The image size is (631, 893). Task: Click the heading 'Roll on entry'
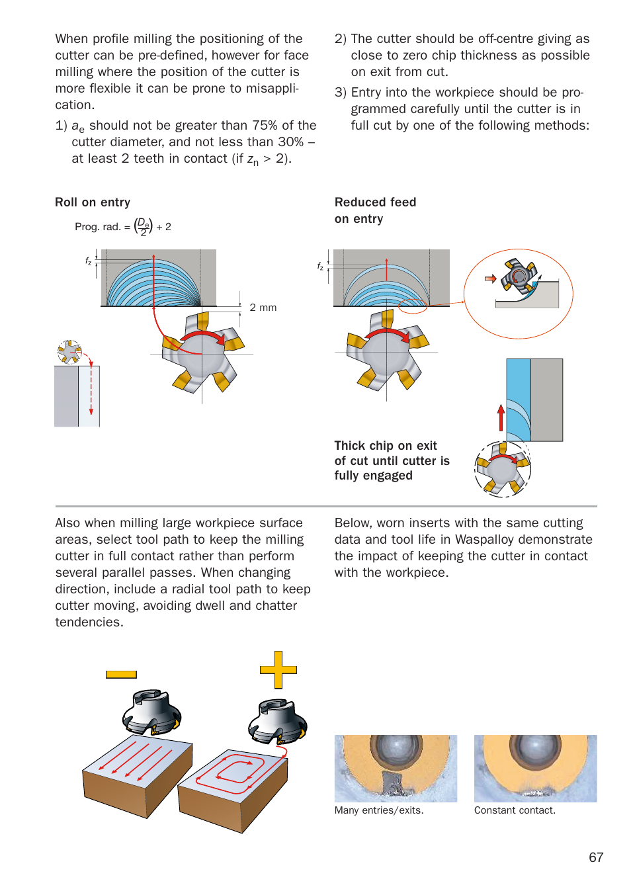[93, 202]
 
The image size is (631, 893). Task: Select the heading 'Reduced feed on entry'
[375, 210]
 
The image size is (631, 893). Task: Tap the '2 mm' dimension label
[263, 308]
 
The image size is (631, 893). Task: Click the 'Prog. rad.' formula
[123, 227]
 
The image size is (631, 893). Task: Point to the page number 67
[596, 857]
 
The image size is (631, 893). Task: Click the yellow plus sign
[278, 669]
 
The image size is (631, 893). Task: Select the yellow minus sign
[121, 675]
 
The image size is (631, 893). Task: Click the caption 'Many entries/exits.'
[379, 810]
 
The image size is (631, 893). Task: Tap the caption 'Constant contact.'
[515, 810]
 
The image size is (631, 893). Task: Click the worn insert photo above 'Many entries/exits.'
[396, 768]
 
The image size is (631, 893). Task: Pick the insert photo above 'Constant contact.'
[535, 768]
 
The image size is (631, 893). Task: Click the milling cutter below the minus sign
[152, 712]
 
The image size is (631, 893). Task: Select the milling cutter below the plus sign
[278, 722]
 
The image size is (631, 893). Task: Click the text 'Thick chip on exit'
[386, 446]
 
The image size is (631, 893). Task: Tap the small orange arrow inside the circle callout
[490, 278]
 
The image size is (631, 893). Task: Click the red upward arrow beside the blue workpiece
[501, 418]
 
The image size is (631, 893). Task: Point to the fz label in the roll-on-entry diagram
[89, 261]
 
